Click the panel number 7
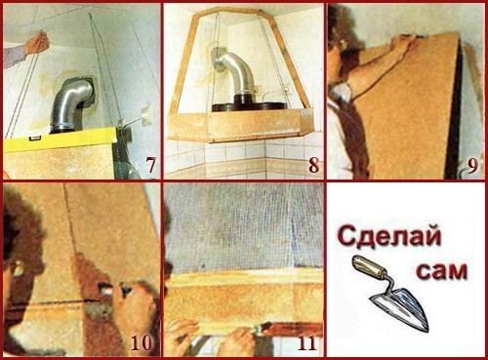click(x=150, y=165)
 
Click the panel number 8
click(x=313, y=165)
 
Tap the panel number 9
click(x=472, y=165)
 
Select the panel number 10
click(x=142, y=342)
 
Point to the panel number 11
click(x=306, y=342)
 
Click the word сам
click(x=442, y=271)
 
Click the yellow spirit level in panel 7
click(x=61, y=139)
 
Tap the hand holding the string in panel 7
click(x=37, y=42)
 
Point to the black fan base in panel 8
click(x=249, y=103)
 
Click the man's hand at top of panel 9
click(x=403, y=43)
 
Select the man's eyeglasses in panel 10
click(x=16, y=267)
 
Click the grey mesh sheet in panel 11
click(x=244, y=227)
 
